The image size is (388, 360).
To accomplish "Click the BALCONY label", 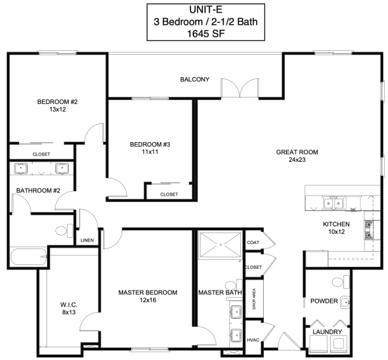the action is (x=195, y=80).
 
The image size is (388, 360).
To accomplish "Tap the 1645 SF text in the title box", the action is (x=206, y=34).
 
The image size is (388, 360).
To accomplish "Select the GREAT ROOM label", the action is (x=297, y=152).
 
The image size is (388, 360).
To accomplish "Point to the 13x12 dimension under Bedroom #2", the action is (x=57, y=110).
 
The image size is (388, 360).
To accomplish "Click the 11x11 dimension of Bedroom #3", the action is (x=150, y=152).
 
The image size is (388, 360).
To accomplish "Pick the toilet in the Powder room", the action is (x=340, y=282).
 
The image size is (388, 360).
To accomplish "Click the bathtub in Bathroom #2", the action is (x=29, y=257).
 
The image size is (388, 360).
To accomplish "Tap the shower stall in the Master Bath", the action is (x=220, y=245).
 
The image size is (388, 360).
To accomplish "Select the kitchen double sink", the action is (x=333, y=203).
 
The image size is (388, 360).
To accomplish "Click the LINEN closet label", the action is (x=87, y=240).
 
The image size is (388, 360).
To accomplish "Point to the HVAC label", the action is (x=253, y=340).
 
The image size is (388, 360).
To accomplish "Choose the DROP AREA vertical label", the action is (x=254, y=299).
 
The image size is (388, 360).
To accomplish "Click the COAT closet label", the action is (x=253, y=243).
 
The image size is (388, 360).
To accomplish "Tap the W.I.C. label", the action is (x=69, y=305).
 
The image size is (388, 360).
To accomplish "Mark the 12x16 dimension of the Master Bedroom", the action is (x=148, y=300).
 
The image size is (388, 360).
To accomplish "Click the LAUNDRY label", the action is (x=327, y=332).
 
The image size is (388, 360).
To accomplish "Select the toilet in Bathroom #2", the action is (x=64, y=231).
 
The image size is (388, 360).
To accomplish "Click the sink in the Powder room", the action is (x=345, y=302).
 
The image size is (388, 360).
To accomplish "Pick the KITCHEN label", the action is (x=336, y=224).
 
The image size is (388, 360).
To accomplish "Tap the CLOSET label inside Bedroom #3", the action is (x=169, y=194).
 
